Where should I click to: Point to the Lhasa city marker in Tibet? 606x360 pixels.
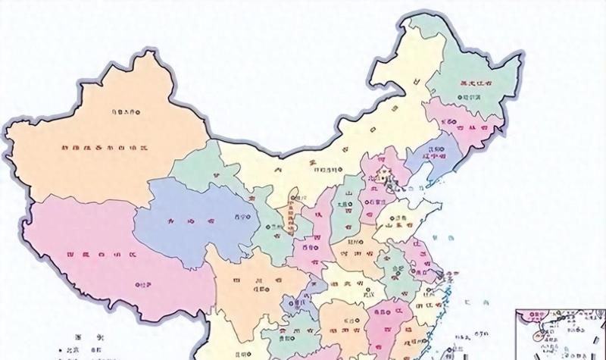coord(136,285)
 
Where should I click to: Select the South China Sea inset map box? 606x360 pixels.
coord(560,334)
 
